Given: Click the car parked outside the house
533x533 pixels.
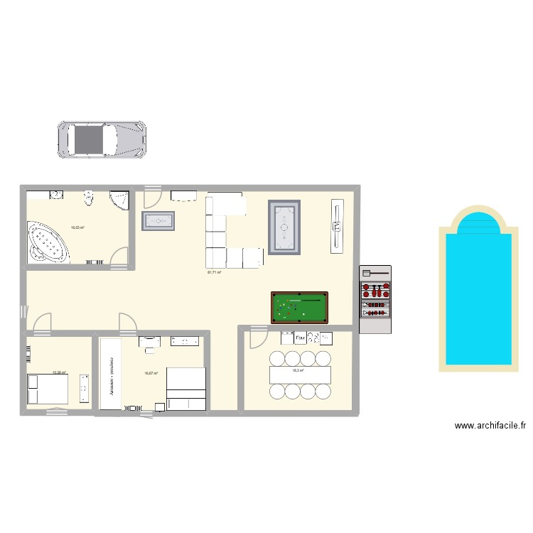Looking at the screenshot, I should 102,139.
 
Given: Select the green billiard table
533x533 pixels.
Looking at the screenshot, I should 299,307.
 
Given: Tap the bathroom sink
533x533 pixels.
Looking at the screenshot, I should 56,194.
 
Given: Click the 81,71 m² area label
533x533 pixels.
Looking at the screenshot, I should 214,272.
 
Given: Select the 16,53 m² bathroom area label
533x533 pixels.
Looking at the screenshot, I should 77,228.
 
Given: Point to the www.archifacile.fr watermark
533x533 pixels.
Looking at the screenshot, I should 490,426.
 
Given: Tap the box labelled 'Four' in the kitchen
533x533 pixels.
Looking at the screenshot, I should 301,338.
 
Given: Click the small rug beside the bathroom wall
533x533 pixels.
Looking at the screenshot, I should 158,221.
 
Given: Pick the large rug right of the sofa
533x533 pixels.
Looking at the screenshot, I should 284,227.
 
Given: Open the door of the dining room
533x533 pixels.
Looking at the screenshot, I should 256,335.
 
